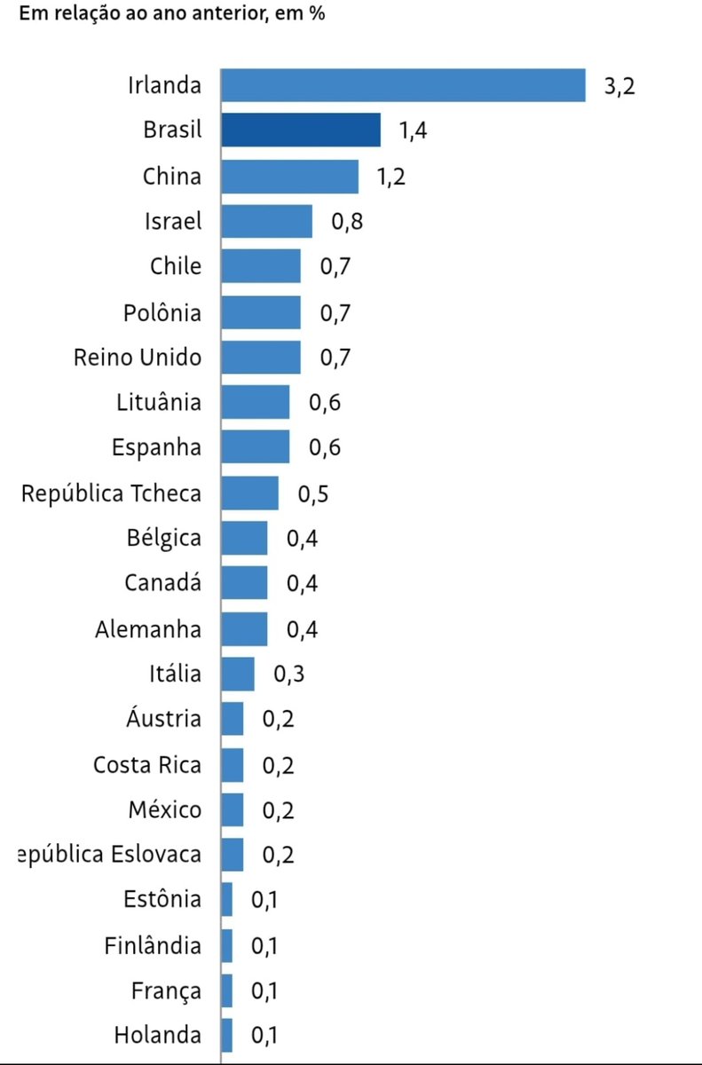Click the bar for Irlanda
[x=403, y=85]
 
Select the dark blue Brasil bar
[x=301, y=130]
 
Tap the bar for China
[x=289, y=176]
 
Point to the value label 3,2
[x=621, y=86]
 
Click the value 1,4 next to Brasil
[x=414, y=131]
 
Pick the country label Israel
[x=173, y=221]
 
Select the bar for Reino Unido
[x=261, y=357]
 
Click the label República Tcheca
[x=111, y=493]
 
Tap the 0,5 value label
[x=313, y=493]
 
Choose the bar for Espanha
[x=255, y=447]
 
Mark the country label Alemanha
[x=148, y=629]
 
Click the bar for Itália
[x=238, y=674]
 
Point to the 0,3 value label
[x=289, y=674]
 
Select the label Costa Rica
[x=147, y=764]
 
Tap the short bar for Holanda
[x=227, y=1035]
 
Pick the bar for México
[x=233, y=809]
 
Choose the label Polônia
[x=162, y=312]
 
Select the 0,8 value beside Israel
[x=348, y=222]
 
